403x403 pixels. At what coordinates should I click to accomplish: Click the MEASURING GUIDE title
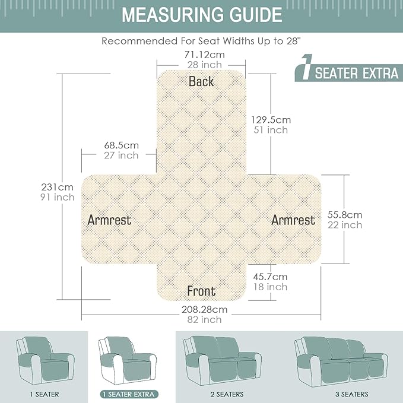(202, 15)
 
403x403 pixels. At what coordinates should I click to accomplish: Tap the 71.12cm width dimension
(205, 55)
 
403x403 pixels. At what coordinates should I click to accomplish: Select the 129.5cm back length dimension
(271, 120)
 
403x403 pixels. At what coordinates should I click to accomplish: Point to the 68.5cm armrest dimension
(121, 145)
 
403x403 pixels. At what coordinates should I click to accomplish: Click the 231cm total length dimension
(58, 187)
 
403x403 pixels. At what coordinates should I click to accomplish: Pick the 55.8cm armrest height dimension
(345, 215)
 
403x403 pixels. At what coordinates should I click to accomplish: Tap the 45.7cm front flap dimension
(270, 277)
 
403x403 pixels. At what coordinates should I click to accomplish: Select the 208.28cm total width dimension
(205, 309)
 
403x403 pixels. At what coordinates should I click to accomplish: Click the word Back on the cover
(201, 81)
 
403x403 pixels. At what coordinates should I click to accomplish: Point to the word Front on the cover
(201, 291)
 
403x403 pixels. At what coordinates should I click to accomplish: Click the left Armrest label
(109, 220)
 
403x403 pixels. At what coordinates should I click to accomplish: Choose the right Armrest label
(293, 220)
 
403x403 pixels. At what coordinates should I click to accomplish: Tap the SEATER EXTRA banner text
(357, 73)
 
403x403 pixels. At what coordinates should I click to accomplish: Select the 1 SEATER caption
(45, 394)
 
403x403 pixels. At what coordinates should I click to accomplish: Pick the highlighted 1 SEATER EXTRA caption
(129, 394)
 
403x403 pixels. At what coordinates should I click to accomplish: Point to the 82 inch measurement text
(204, 320)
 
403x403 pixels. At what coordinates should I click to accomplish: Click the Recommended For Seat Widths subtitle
(201, 41)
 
